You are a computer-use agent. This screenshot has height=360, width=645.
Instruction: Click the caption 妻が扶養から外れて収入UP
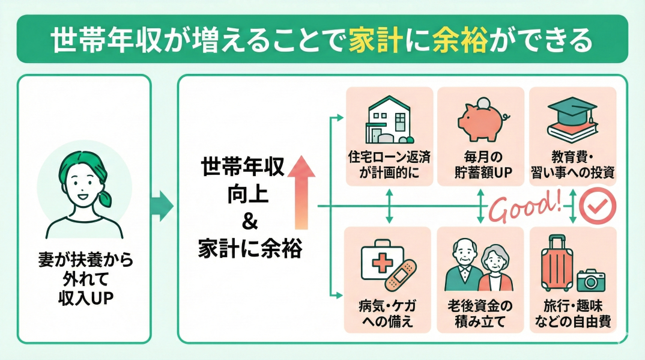click(83, 280)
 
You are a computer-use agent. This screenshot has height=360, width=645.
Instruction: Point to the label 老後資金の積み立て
click(481, 314)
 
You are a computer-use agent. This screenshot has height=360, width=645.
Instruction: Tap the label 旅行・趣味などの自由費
click(573, 314)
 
